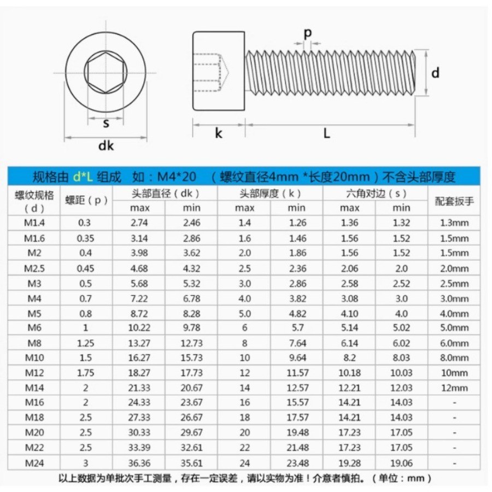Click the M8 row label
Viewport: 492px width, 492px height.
point(34,343)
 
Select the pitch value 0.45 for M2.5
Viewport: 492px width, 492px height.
point(85,268)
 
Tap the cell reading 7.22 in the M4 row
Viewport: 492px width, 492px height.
point(139,298)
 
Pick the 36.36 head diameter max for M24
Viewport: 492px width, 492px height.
point(139,463)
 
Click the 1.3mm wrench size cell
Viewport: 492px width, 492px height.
point(454,223)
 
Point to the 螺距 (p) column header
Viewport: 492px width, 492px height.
point(86,200)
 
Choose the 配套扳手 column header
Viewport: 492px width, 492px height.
point(454,201)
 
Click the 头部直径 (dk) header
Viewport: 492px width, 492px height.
point(165,194)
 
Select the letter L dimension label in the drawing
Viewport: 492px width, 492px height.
point(327,133)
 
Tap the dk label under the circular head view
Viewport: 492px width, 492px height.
point(106,145)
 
